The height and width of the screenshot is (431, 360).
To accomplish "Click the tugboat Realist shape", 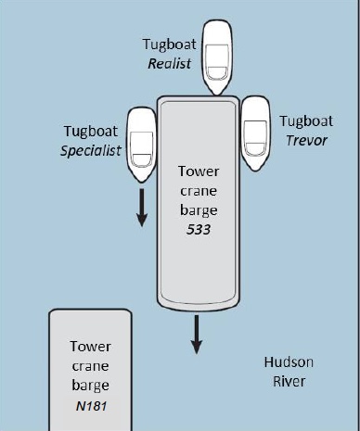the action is tap(217, 57).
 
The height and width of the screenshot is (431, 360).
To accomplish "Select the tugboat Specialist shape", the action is tap(142, 145).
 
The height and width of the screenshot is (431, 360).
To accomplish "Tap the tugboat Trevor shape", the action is tap(255, 133).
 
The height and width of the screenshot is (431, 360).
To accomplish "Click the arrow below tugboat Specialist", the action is tap(142, 208).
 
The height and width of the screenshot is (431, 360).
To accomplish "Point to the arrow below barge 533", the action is tap(197, 335).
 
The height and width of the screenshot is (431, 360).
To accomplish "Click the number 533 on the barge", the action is tap(199, 230).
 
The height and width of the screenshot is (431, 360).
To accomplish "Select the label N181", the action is tap(91, 406).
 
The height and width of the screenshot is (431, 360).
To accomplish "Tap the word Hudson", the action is tap(289, 362).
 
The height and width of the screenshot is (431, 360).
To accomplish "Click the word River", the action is tap(289, 381).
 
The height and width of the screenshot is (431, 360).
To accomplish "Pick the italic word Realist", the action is tap(170, 64).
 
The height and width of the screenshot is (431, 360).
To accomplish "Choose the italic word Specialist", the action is tap(91, 151).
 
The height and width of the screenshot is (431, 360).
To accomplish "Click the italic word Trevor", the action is tap(306, 141).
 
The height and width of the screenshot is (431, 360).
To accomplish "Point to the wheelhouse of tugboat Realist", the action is tap(217, 62).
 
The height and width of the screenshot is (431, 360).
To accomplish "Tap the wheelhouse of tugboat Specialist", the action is tap(142, 149).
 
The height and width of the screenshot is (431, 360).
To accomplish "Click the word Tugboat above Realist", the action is tap(169, 44).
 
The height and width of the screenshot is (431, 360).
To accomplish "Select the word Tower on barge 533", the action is tap(199, 171).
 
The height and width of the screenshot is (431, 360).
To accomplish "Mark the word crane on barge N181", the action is tap(90, 366).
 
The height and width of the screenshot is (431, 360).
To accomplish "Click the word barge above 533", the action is tap(199, 210).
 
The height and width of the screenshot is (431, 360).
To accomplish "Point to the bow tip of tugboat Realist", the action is tap(217, 95).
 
